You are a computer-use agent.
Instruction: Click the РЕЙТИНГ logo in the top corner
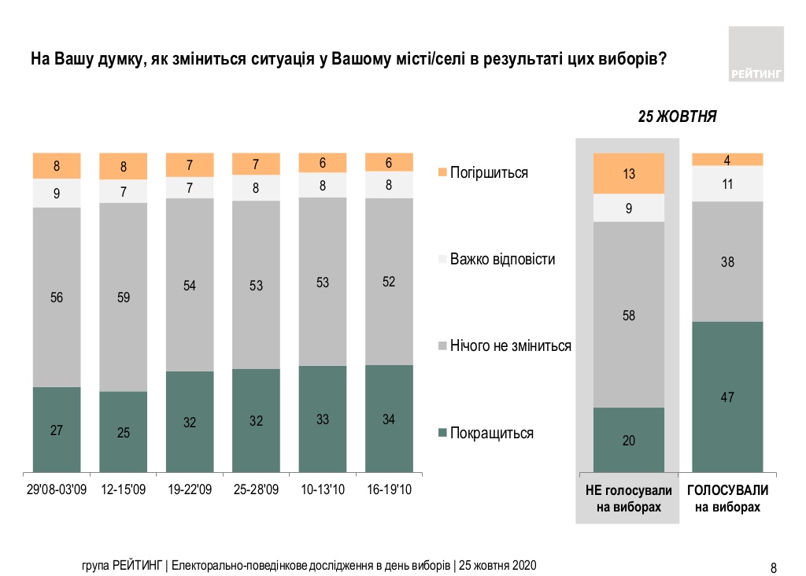756,54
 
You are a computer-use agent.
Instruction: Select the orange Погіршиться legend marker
442,172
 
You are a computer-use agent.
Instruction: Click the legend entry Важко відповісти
502,259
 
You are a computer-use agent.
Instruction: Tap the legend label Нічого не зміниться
510,345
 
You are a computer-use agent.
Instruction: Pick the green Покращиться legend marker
442,433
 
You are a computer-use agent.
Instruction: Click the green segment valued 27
57,430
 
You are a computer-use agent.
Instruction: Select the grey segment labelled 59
123,297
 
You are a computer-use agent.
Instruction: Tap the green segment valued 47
727,397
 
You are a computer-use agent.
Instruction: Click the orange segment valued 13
629,173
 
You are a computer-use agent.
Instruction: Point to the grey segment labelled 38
727,261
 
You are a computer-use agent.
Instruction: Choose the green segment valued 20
629,440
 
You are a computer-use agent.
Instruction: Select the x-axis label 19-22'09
190,490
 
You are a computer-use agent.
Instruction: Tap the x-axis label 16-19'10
389,490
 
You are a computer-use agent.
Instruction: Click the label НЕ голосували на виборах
629,499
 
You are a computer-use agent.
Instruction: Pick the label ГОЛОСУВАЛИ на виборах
727,499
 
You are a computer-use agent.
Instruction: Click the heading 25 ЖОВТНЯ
676,116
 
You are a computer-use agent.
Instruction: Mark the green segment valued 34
389,419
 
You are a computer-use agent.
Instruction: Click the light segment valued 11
727,183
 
